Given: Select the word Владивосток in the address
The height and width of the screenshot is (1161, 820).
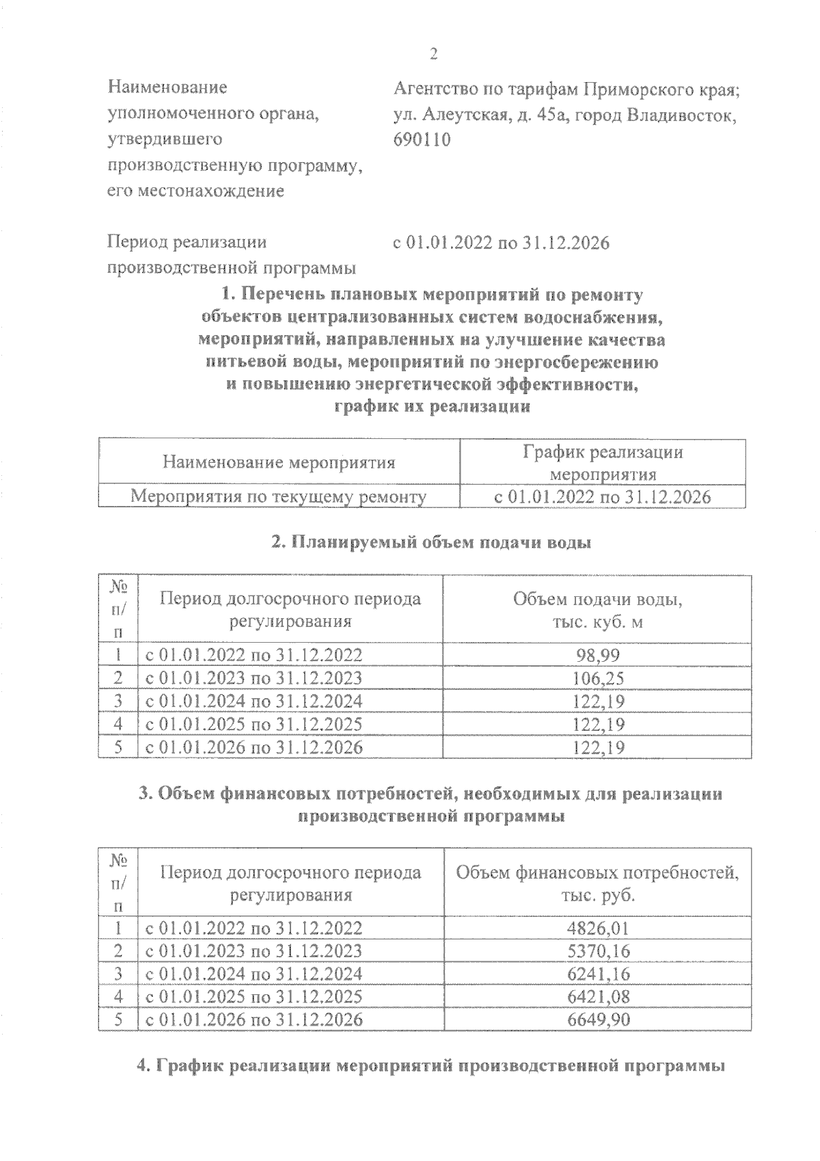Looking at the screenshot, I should click(x=686, y=114).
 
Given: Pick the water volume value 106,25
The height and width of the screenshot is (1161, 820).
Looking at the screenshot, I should click(x=599, y=678).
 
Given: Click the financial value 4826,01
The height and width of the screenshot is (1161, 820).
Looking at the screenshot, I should click(x=598, y=928).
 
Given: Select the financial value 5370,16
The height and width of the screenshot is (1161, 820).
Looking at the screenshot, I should click(x=598, y=951).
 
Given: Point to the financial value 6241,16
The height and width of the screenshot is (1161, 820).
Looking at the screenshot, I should click(x=598, y=974).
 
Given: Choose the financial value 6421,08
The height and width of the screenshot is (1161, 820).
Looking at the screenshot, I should click(x=598, y=997).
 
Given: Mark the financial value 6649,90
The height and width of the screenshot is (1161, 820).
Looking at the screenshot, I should click(x=598, y=1019).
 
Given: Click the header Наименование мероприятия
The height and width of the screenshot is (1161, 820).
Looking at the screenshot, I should click(x=279, y=463).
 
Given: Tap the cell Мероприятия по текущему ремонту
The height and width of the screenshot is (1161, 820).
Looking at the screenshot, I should click(x=279, y=496).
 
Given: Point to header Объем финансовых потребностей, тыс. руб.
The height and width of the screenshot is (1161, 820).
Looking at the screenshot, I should click(x=597, y=883).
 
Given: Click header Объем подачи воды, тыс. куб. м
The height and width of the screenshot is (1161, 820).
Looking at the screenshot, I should click(x=597, y=610).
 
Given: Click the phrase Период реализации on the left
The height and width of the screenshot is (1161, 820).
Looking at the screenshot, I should click(x=187, y=242).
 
